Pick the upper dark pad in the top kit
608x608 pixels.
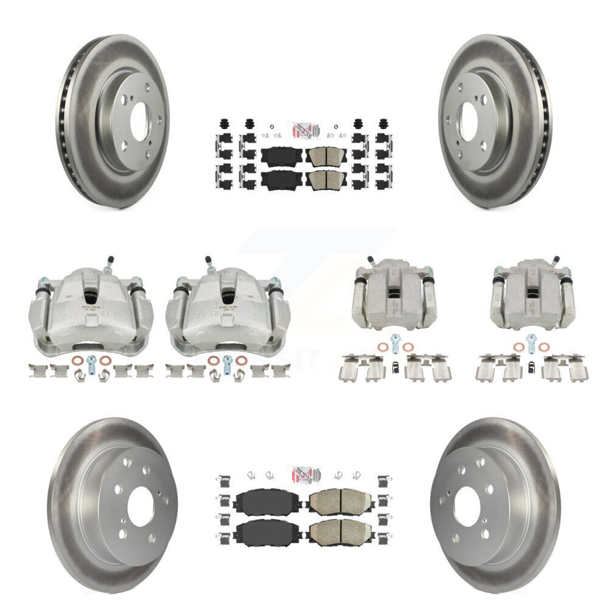(x=279, y=156)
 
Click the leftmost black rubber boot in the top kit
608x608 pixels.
(x=225, y=124)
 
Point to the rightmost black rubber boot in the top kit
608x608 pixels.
(x=383, y=124)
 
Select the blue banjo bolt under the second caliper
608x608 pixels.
(x=228, y=360)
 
